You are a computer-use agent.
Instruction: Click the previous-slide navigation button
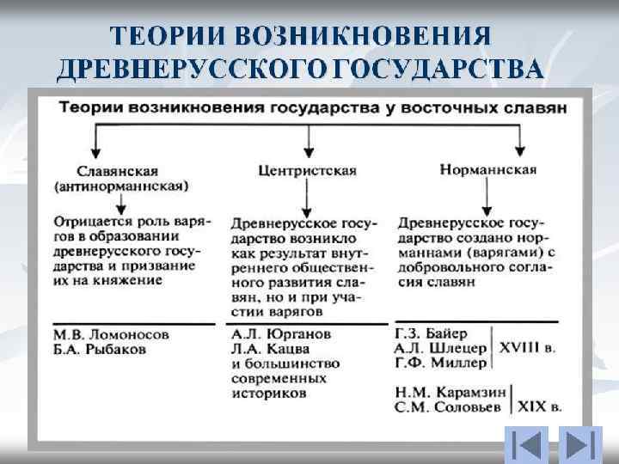pyautogui.click(x=523, y=444)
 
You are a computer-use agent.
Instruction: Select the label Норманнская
pyautogui.click(x=487, y=169)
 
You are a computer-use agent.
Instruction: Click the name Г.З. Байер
pyautogui.click(x=431, y=333)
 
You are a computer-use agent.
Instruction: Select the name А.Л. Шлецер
pyautogui.click(x=440, y=348)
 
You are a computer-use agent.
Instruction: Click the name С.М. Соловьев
pyautogui.click(x=448, y=406)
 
